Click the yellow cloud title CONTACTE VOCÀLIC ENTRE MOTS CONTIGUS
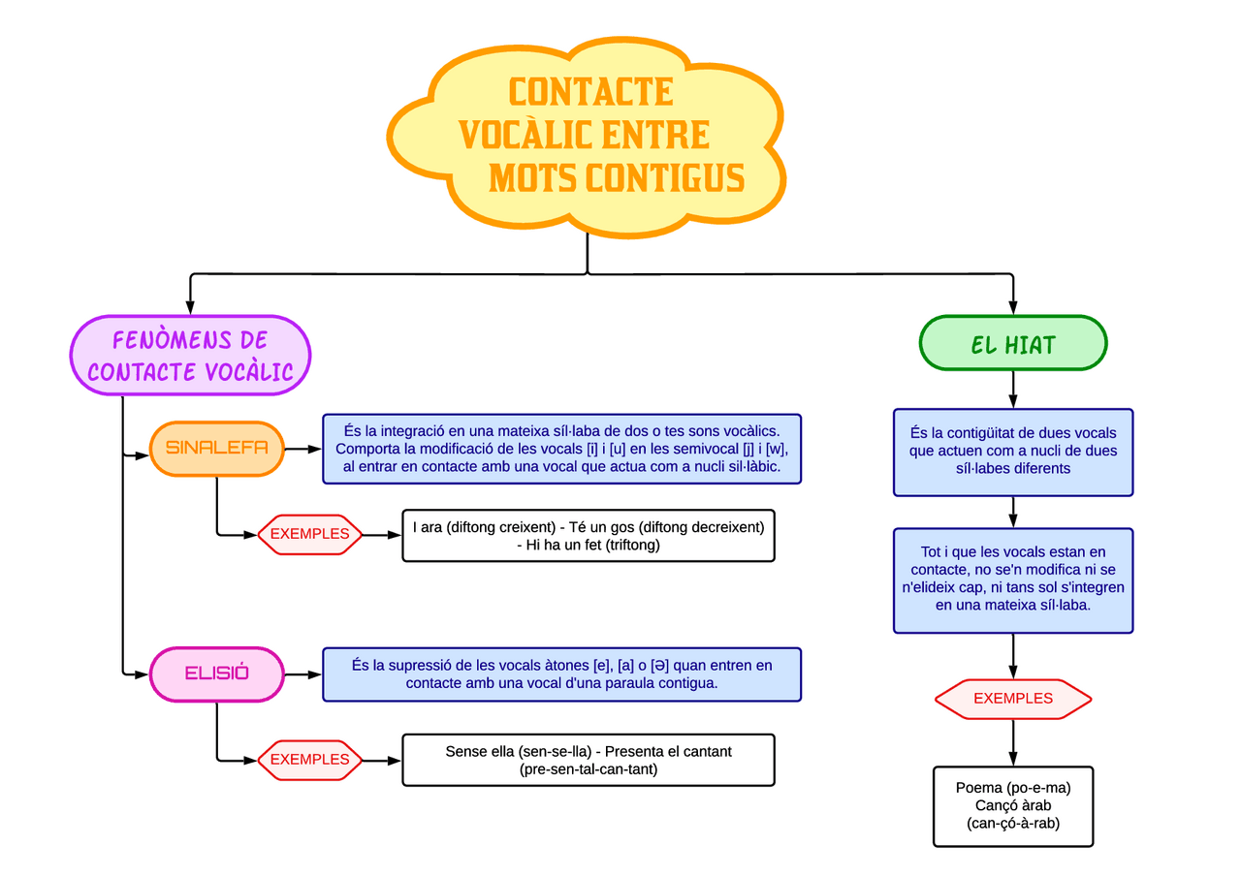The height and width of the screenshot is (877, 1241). (x=588, y=136)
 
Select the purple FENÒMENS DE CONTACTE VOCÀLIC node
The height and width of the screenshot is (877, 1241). (x=190, y=356)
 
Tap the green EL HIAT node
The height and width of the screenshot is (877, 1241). (x=1013, y=344)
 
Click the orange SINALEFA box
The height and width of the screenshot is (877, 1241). (x=217, y=448)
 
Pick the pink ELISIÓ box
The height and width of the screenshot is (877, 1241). (x=217, y=673)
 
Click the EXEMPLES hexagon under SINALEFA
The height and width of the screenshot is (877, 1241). (x=310, y=534)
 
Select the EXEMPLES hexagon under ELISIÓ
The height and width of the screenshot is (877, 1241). (x=310, y=760)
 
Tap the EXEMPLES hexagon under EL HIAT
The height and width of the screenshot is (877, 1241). (x=1013, y=699)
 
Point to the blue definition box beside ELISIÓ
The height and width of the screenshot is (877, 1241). (x=562, y=674)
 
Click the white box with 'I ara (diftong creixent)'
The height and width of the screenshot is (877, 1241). (x=589, y=536)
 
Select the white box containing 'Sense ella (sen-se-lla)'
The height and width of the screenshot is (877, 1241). (x=589, y=760)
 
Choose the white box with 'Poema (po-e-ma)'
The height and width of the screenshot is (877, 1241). (x=1013, y=806)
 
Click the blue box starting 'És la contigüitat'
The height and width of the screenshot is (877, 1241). (x=1013, y=452)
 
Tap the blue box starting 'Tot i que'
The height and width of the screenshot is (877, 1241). (x=1013, y=579)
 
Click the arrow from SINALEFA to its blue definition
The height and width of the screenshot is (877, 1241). (x=303, y=449)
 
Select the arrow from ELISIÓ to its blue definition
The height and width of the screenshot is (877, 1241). (x=303, y=674)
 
